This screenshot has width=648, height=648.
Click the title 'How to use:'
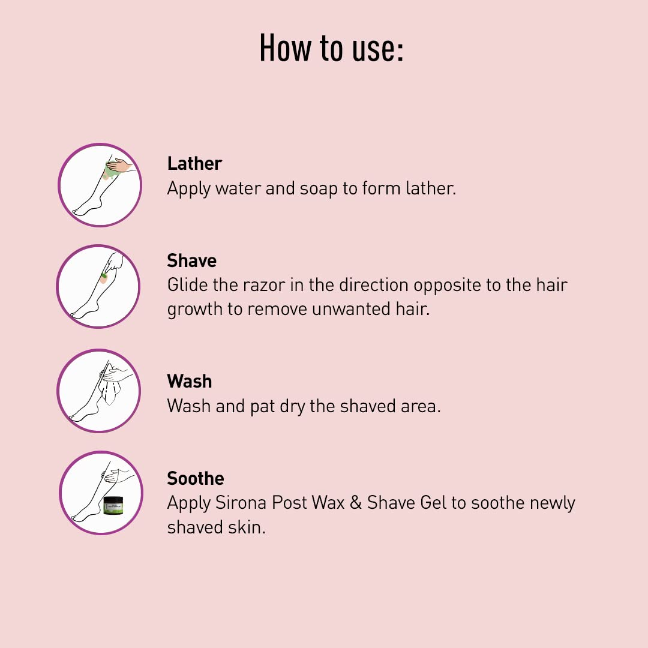(x=331, y=49)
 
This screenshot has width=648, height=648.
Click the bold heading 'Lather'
(x=194, y=164)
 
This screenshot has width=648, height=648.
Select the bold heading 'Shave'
(x=192, y=261)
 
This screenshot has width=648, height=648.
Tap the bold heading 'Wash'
(x=189, y=382)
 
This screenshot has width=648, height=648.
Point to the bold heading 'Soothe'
(x=196, y=479)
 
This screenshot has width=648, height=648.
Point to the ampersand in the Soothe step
(x=355, y=503)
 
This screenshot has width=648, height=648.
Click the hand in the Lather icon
(x=120, y=166)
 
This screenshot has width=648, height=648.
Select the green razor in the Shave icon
(x=103, y=275)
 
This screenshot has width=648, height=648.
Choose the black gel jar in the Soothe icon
(x=113, y=505)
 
